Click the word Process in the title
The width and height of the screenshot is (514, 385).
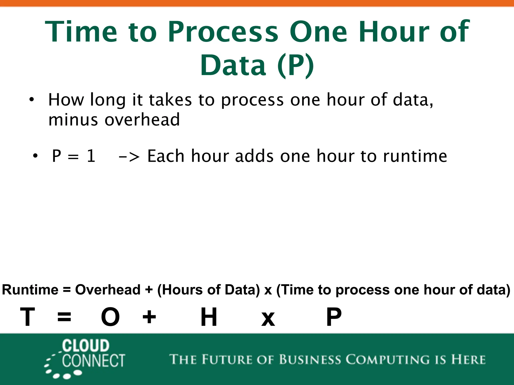click(223, 32)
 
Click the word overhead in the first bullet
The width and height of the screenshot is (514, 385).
click(142, 120)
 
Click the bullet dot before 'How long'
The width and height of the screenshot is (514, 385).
click(31, 100)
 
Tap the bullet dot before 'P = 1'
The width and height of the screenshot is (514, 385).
click(35, 156)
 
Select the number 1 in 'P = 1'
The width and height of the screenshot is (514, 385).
click(91, 156)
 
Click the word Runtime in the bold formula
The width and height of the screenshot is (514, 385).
click(30, 290)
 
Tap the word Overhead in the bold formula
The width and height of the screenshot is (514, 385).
click(108, 290)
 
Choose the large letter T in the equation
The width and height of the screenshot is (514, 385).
click(27, 317)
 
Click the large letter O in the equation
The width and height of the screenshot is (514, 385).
click(110, 317)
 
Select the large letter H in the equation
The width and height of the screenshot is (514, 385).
click(209, 317)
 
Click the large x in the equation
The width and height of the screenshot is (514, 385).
click(268, 319)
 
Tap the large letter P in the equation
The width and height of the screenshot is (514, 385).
click(334, 317)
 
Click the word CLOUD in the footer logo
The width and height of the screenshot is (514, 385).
click(86, 346)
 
